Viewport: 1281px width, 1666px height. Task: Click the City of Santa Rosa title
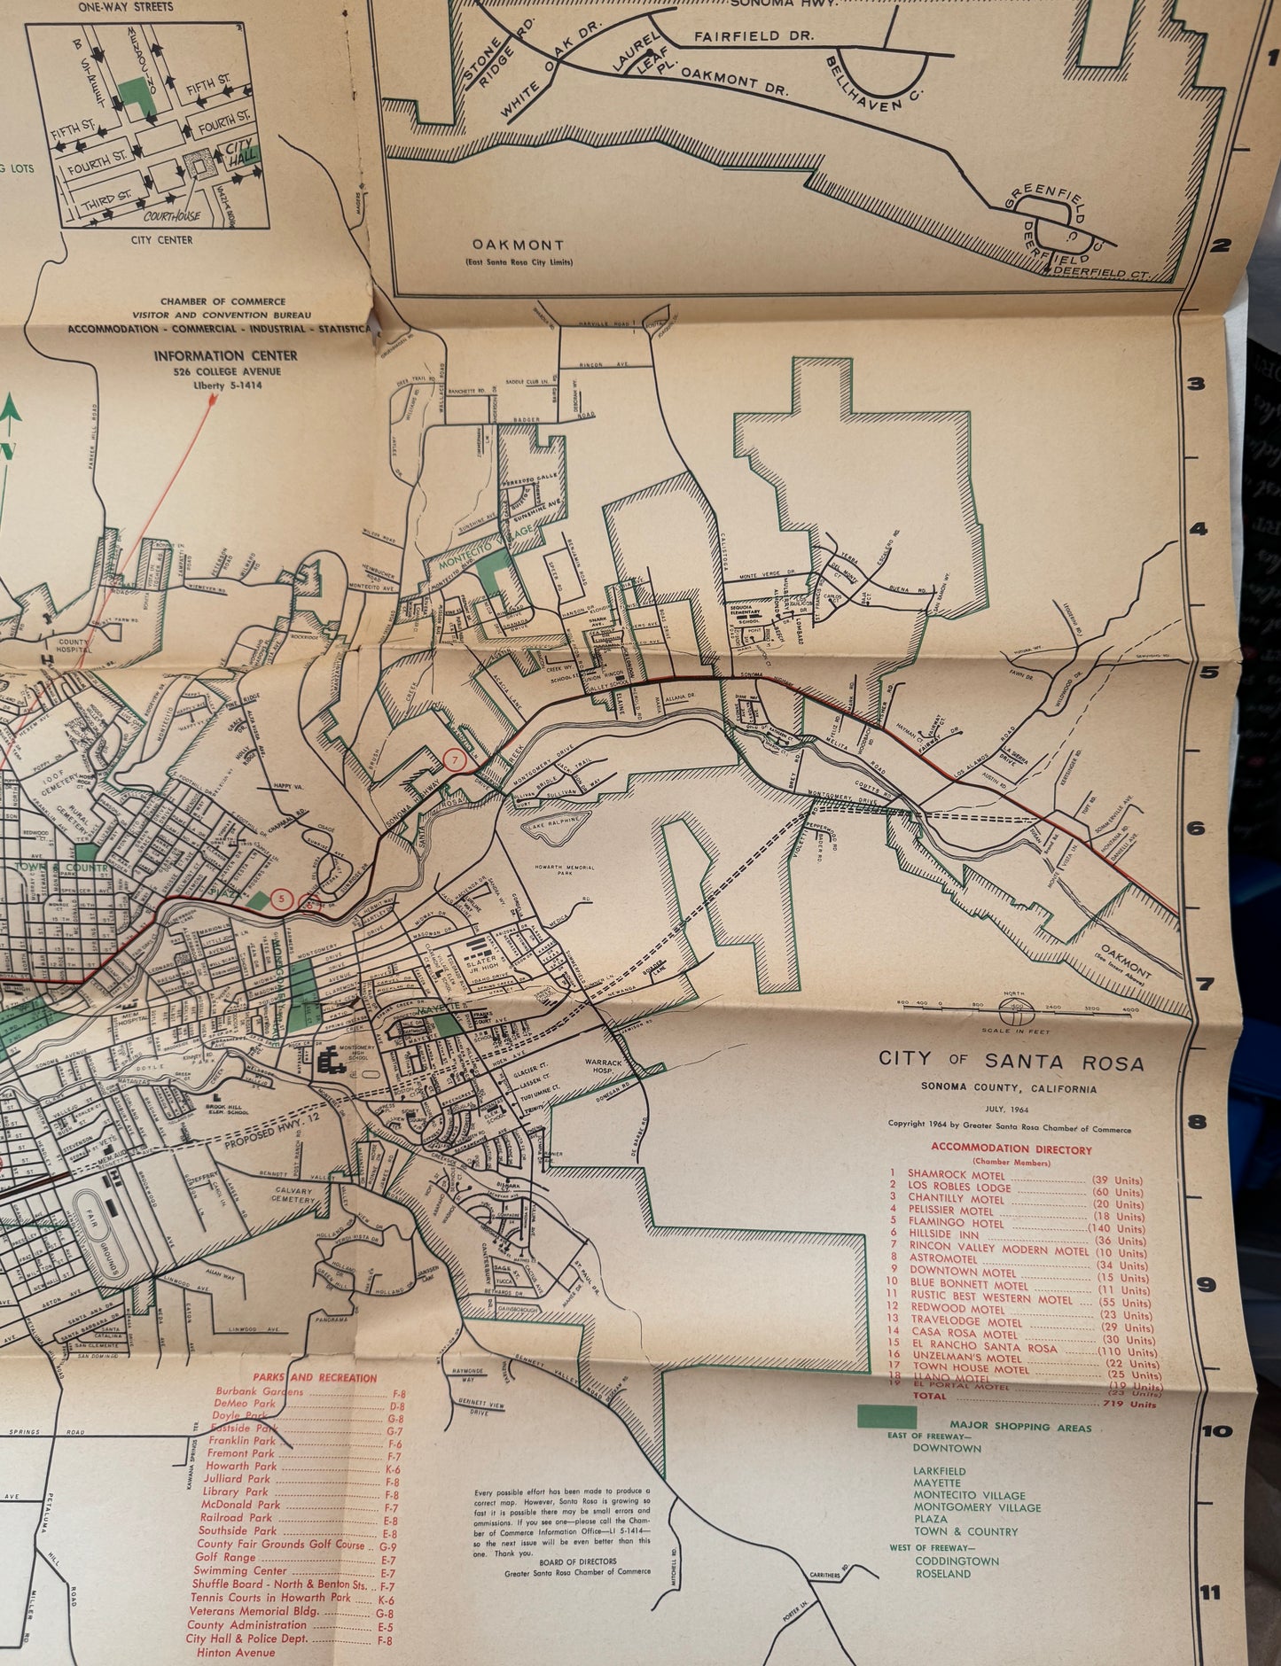[1011, 1061]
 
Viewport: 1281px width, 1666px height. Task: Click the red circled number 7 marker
[455, 760]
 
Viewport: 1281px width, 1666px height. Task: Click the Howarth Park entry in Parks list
[240, 1466]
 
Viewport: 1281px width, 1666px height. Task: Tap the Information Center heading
[225, 355]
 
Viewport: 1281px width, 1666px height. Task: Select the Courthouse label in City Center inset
[174, 215]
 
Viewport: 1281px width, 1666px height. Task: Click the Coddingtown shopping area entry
[957, 1561]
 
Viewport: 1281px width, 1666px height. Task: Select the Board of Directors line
[562, 1561]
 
